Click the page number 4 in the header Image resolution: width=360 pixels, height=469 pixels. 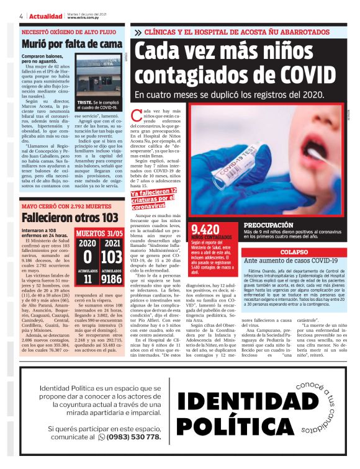(x=22, y=16)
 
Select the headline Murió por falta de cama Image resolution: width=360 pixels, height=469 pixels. (x=71, y=45)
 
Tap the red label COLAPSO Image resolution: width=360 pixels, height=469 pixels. (x=294, y=252)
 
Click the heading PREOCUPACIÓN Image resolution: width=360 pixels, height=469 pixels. (x=269, y=225)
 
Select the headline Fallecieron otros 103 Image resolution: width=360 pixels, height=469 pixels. (x=70, y=217)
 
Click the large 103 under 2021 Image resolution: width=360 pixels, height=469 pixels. (x=112, y=256)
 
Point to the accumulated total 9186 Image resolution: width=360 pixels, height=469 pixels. (x=112, y=279)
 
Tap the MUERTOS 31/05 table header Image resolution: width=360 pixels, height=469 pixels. (x=99, y=233)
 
